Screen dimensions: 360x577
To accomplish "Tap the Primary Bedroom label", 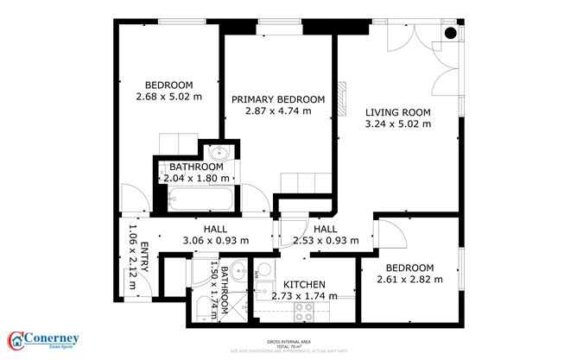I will point(277,99).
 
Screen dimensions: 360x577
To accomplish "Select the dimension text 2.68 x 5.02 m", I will point(168,98).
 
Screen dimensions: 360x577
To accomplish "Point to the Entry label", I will point(144,258).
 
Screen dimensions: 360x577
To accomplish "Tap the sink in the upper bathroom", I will point(219,154).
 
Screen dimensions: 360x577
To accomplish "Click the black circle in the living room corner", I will point(450,35).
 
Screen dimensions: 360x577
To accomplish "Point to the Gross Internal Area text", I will point(289,341).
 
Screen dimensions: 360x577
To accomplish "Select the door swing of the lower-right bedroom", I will point(390,231).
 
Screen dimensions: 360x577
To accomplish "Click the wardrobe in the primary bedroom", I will point(304,183).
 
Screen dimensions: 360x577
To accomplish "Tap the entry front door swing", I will point(130,200).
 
